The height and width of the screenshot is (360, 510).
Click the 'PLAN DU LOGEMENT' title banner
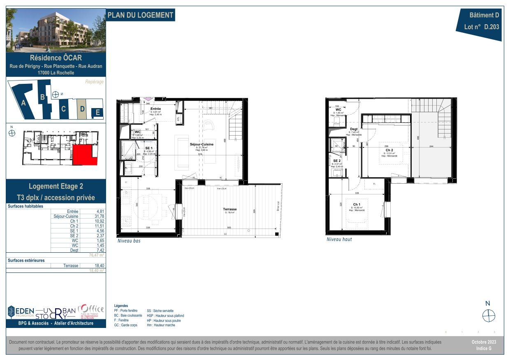[x=140, y=15]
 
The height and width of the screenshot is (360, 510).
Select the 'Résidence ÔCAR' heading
[x=56, y=58]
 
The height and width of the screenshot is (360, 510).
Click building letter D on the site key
[x=82, y=109]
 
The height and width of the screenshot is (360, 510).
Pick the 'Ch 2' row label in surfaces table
[x=74, y=226]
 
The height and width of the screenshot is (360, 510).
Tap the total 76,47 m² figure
[x=97, y=255]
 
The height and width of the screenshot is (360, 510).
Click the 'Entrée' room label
[x=155, y=109]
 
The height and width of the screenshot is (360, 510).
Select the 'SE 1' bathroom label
[x=149, y=148]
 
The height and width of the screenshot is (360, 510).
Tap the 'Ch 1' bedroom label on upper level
[x=357, y=204]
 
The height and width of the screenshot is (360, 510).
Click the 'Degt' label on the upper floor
[x=354, y=129]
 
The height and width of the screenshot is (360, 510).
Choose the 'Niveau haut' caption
[x=339, y=239]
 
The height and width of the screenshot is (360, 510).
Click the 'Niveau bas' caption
[x=129, y=241]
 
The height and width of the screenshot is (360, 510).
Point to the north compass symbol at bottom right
[x=488, y=316]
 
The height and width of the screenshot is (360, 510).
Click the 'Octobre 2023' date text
[x=484, y=342]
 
